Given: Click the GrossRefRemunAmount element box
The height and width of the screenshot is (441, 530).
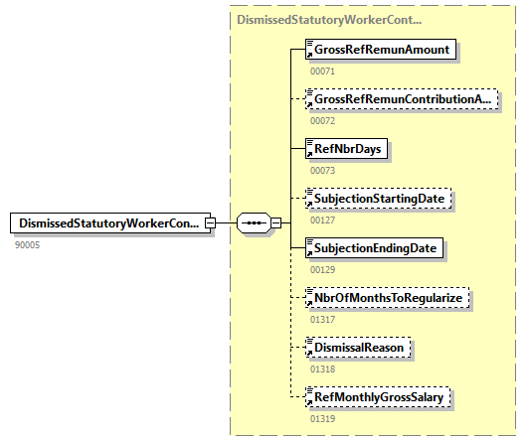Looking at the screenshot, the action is [x=381, y=50].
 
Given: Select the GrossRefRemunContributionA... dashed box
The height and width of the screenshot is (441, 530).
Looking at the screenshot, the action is [x=402, y=99].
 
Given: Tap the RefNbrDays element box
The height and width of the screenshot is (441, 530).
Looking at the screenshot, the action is [x=346, y=149].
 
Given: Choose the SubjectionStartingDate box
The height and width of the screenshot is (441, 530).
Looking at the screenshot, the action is [x=378, y=199].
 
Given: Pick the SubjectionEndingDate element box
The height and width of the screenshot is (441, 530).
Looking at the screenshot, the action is [x=374, y=248].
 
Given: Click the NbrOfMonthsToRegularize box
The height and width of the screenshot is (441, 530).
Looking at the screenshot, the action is [x=387, y=298].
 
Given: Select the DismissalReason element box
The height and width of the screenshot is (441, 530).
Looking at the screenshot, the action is [x=358, y=347].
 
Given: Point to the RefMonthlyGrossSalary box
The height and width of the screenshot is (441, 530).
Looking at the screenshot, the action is [x=378, y=396].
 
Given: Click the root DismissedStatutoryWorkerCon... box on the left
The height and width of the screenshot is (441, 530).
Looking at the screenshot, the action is [x=110, y=222].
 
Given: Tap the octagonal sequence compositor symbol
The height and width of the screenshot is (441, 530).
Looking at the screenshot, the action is [x=254, y=222].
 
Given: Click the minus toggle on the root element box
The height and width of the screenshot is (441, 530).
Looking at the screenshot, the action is [x=210, y=222].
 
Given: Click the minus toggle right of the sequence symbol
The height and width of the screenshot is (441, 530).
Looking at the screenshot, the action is [x=276, y=222].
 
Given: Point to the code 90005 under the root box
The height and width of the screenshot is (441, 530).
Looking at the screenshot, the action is [x=28, y=245].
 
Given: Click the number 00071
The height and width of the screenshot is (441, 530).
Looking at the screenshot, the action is [x=323, y=72].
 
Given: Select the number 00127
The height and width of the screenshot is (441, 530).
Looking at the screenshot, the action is [x=323, y=220].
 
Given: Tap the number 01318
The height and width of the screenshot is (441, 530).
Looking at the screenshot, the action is [x=323, y=369].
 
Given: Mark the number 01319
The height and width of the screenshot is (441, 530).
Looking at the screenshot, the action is [x=323, y=419].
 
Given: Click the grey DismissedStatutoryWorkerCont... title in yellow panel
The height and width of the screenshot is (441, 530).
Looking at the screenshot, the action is [x=329, y=20].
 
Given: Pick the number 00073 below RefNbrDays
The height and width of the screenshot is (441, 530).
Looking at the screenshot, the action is [x=323, y=171].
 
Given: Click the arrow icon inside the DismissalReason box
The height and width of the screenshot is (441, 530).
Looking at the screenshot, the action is [x=309, y=354].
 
